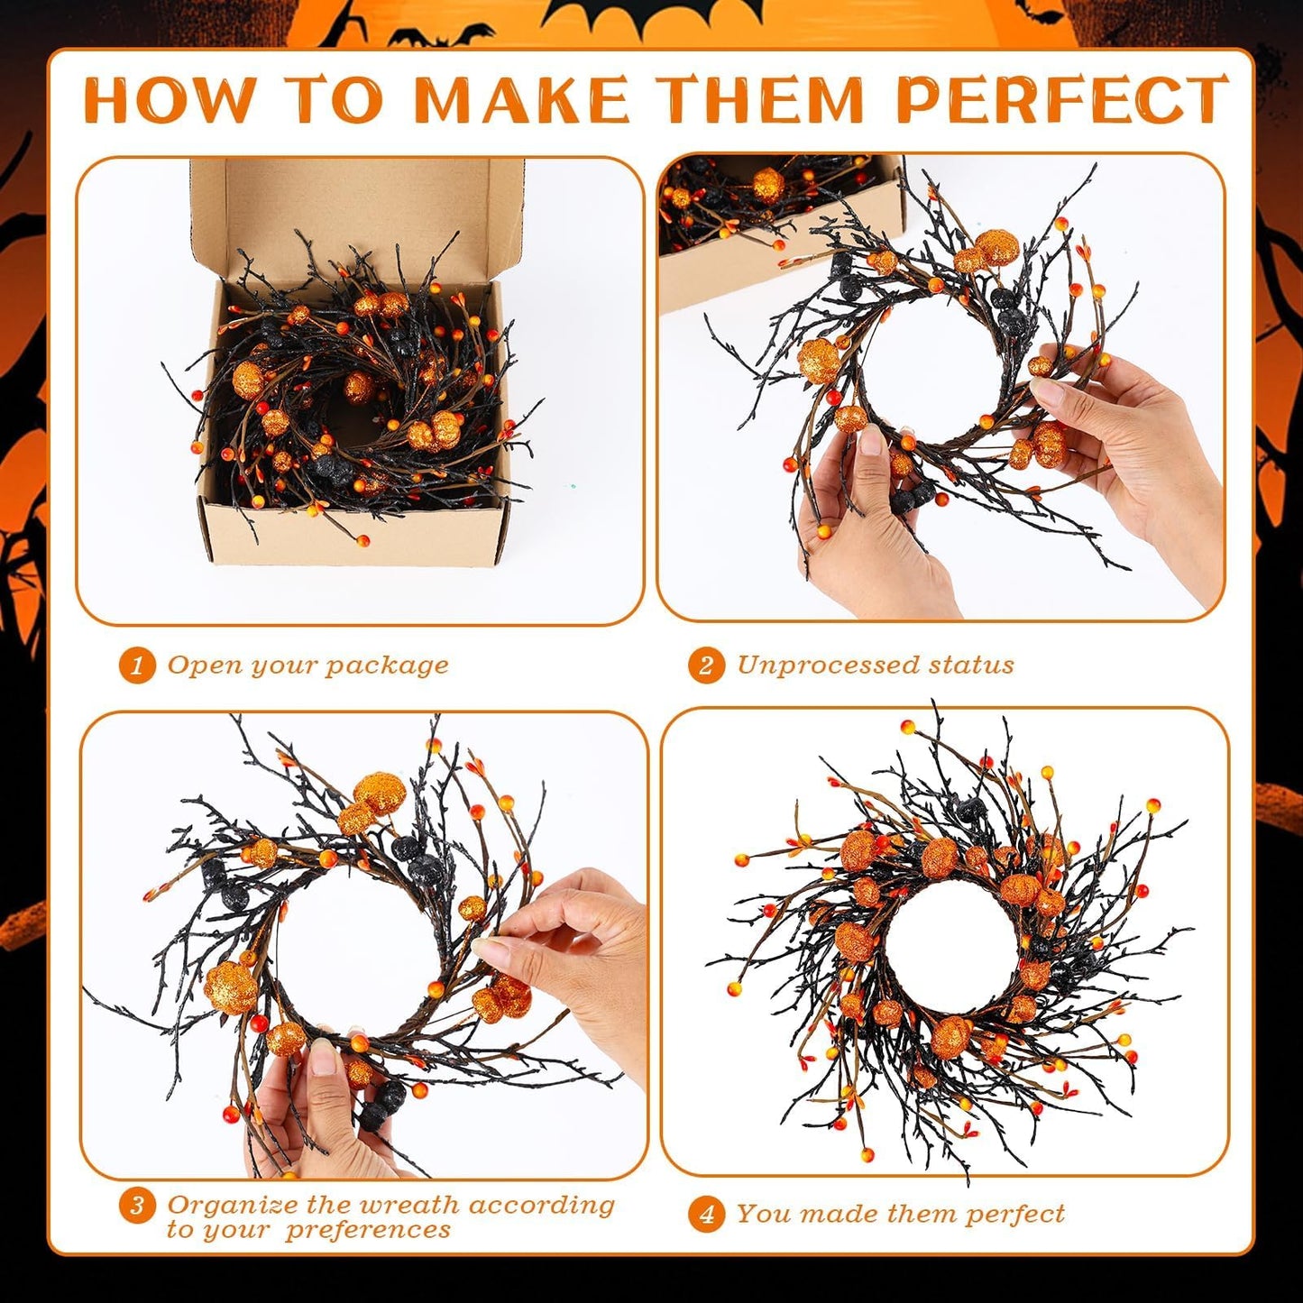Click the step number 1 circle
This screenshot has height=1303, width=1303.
(137, 666)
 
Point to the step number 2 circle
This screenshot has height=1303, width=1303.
(706, 666)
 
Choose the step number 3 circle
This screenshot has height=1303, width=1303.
(137, 1207)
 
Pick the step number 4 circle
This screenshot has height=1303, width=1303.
(706, 1215)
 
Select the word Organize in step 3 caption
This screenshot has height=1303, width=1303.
(233, 1205)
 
